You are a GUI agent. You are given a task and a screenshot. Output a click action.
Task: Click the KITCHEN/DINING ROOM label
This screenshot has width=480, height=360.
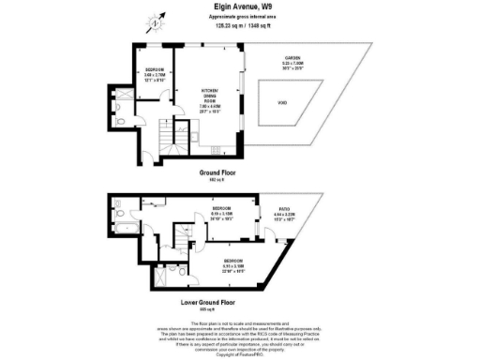tap(210, 97)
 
